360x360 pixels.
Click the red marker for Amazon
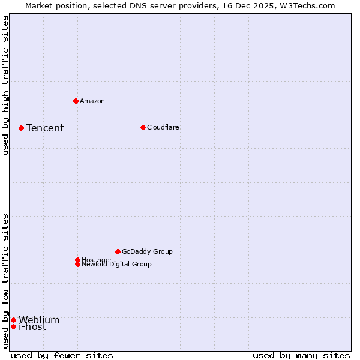76,101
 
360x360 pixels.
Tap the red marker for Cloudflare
143,127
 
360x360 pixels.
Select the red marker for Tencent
21,128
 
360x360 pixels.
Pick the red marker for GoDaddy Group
118,251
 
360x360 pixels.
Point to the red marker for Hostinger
77,260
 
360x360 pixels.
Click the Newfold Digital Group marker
77,264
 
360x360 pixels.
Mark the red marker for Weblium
13,320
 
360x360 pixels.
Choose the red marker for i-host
13,326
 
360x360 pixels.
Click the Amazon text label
92,101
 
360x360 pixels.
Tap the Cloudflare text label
163,127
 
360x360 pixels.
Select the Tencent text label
45,128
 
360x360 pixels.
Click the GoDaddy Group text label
147,251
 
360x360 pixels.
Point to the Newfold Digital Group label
116,264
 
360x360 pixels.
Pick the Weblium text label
39,320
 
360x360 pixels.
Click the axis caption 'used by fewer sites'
62,355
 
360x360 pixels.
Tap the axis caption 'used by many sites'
301,355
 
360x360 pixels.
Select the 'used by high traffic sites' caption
5,85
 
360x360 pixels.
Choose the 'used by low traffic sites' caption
5,281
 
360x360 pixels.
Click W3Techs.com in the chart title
306,5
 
